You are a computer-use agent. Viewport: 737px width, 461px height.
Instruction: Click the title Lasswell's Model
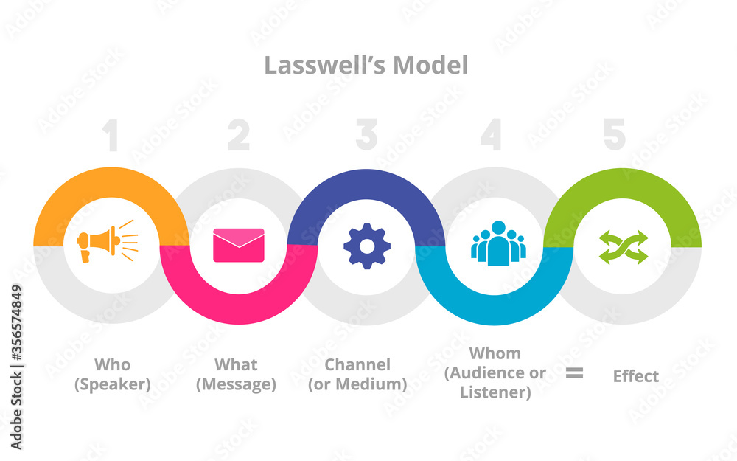coord(366,66)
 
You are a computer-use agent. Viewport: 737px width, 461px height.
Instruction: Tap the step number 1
coord(110,136)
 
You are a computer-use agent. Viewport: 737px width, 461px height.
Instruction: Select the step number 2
coord(238,136)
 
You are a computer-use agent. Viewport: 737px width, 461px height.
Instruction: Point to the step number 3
coord(366,136)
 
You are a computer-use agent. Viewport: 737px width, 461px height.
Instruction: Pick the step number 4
coord(492,136)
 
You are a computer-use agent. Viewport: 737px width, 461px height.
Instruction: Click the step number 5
coord(614,136)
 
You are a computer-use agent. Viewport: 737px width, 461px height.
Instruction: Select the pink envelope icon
coord(238,245)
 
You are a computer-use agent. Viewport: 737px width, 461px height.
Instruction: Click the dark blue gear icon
coord(367,246)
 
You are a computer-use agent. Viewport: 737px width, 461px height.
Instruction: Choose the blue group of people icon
coord(498,242)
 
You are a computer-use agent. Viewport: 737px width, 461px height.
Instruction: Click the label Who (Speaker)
coord(113,374)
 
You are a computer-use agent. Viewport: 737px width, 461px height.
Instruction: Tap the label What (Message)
coord(236,374)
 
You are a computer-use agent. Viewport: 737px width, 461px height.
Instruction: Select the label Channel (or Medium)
coord(357,374)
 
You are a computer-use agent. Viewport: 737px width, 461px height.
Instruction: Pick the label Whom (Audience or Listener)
coord(495,372)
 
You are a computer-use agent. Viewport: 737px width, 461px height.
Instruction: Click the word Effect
coord(635,376)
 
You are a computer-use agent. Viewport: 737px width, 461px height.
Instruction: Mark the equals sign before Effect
coord(574,373)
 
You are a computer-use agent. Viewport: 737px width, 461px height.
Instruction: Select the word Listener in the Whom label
coord(495,392)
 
